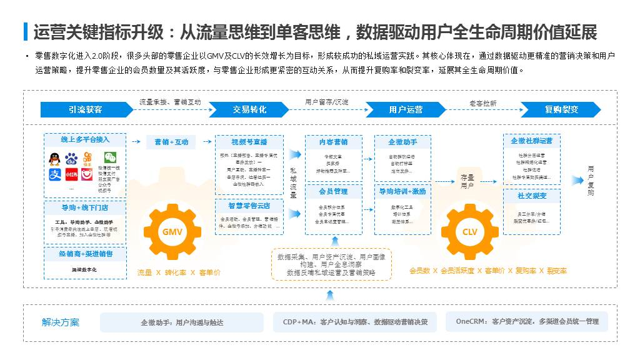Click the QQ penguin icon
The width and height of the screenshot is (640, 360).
(x=55, y=159)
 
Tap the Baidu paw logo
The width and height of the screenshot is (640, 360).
(x=71, y=159)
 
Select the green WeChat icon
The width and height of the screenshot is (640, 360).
(x=110, y=158)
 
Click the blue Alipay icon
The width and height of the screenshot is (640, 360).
(x=55, y=174)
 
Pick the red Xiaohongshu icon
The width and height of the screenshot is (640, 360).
(x=71, y=174)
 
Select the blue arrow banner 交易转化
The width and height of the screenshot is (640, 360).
(x=249, y=109)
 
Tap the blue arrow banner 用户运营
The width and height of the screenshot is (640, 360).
(x=406, y=109)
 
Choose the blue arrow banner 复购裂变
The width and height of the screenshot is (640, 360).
(x=561, y=109)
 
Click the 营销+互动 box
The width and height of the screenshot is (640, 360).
(x=171, y=142)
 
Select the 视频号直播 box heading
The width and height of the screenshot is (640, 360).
(x=249, y=142)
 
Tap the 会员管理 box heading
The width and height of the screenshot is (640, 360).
(x=333, y=191)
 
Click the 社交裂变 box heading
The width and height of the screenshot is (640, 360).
(x=532, y=196)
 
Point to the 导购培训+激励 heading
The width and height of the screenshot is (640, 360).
(x=402, y=191)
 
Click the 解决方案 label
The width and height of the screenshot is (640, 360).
(x=61, y=322)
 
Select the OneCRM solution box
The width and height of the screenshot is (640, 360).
(x=527, y=322)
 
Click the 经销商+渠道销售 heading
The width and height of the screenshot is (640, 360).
(x=85, y=254)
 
